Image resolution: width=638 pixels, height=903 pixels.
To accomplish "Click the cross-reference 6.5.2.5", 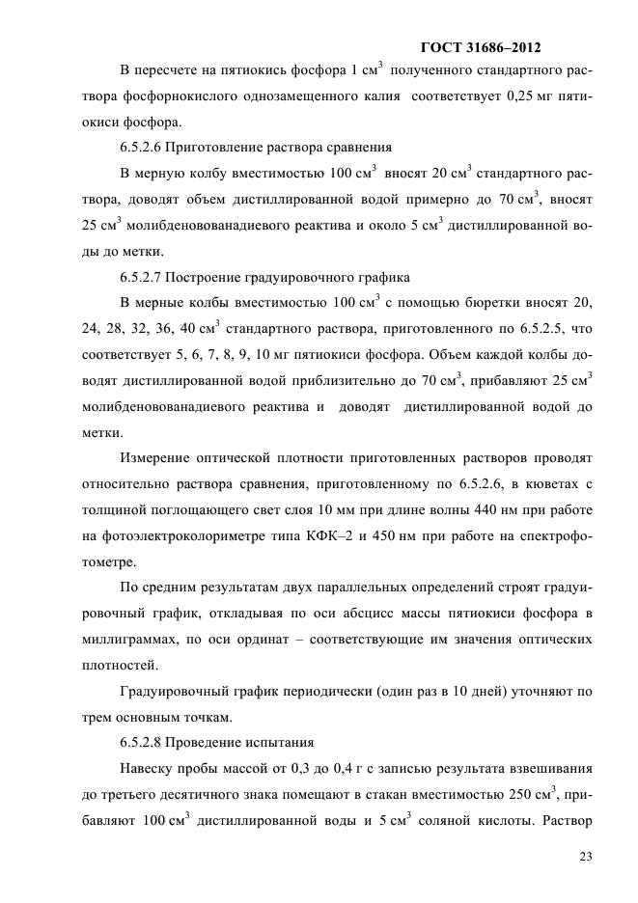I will coord(548,329).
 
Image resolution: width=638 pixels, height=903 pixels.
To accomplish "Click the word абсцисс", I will coord(420,614).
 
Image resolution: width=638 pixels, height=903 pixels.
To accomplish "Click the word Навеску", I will coord(149,769).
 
